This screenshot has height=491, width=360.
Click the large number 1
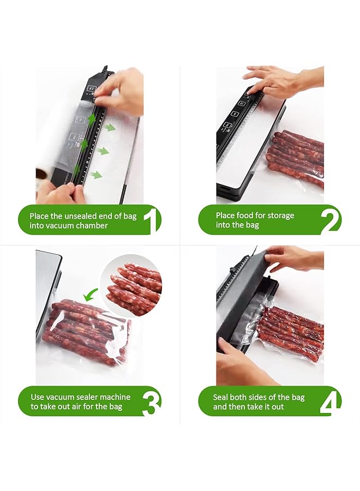(x=152, y=220)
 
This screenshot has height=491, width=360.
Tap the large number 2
(x=331, y=220)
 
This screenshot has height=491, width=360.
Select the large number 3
(x=152, y=402)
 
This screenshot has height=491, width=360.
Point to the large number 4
(x=332, y=402)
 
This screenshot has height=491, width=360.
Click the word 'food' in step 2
(x=249, y=215)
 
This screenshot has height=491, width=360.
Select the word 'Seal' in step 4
(x=222, y=397)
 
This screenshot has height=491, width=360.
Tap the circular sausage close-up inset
(x=133, y=285)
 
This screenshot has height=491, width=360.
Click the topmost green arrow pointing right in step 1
(x=111, y=127)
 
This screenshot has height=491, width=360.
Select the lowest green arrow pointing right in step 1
(x=97, y=175)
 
